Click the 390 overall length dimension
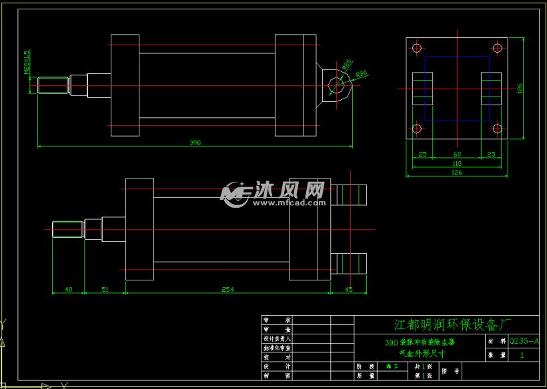point(195,143)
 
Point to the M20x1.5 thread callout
point(27,63)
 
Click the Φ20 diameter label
point(347,65)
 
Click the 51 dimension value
point(105,290)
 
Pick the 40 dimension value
point(68,290)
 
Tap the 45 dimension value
point(348,290)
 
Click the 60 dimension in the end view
point(457,154)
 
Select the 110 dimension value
point(457,164)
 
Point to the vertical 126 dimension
point(519,88)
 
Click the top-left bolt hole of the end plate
point(417,48)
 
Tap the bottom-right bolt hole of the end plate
point(497,128)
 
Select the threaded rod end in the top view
point(54,86)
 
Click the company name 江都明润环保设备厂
point(452,324)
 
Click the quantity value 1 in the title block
point(522,356)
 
